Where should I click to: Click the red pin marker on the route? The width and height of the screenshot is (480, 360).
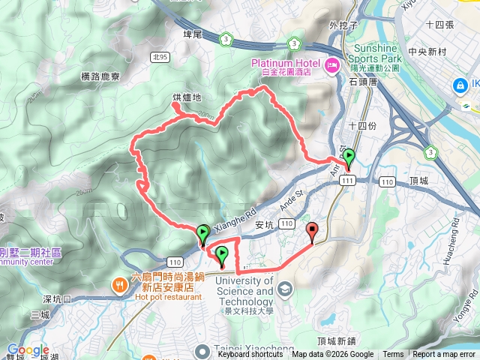click(x=313, y=232)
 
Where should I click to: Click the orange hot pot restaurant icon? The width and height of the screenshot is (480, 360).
click(x=119, y=285)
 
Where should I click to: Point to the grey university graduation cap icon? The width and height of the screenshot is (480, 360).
click(x=285, y=289)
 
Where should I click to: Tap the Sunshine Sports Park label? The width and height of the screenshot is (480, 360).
click(x=377, y=52)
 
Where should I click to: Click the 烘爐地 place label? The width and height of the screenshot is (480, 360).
click(x=186, y=97)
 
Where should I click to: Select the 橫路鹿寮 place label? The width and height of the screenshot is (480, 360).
click(x=100, y=76)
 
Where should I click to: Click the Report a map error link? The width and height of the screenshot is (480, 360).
click(x=444, y=355)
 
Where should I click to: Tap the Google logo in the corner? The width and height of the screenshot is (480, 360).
click(x=28, y=350)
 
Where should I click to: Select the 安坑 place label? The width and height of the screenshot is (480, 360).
click(x=263, y=224)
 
